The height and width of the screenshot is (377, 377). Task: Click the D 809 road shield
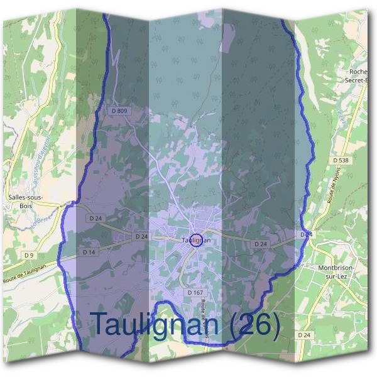(119, 111)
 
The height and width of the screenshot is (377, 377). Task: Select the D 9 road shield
(28, 255)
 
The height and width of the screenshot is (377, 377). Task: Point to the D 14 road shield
(89, 252)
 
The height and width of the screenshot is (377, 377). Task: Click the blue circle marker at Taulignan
(196, 240)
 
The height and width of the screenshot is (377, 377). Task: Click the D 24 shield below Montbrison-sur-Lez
(304, 335)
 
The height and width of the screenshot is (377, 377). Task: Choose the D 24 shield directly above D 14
(141, 237)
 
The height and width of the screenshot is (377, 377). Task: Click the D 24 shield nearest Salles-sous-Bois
(96, 218)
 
